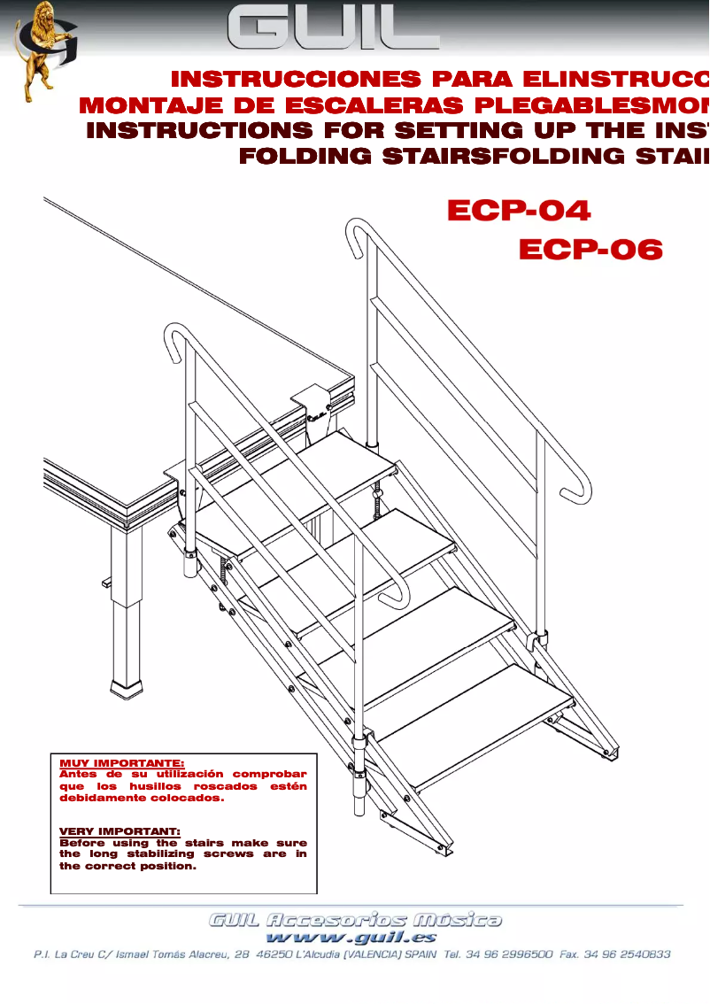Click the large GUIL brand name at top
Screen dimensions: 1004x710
(x=334, y=29)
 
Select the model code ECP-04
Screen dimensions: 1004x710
(x=519, y=211)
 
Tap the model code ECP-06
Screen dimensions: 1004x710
(x=590, y=250)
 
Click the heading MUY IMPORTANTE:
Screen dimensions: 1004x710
(x=121, y=762)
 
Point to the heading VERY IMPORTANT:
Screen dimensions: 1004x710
(x=120, y=831)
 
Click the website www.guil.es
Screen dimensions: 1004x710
(x=351, y=937)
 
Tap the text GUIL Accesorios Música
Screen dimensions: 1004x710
(x=355, y=920)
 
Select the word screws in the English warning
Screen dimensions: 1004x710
(x=229, y=854)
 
